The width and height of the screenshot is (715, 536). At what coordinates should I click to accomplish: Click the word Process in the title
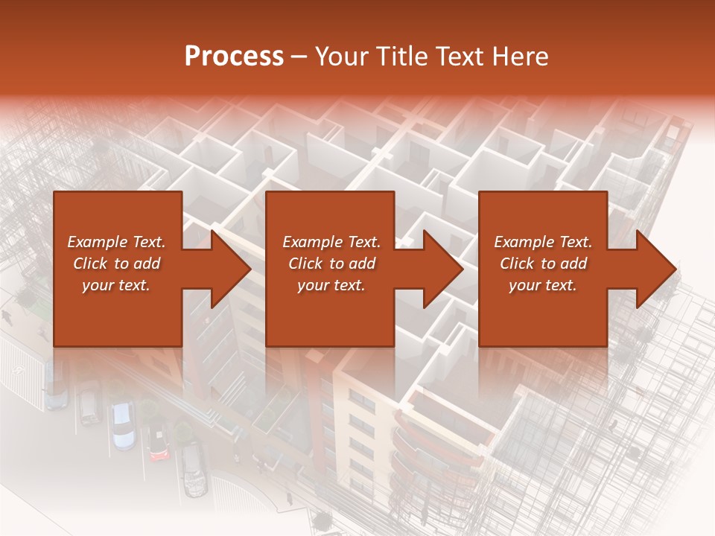click(x=234, y=57)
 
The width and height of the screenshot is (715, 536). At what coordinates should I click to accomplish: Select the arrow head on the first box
click(x=226, y=269)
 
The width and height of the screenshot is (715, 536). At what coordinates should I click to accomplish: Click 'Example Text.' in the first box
click(x=116, y=242)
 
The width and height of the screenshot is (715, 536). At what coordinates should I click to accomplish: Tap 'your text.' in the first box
click(x=116, y=285)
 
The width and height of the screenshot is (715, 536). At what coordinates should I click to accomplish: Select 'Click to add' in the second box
click(x=331, y=264)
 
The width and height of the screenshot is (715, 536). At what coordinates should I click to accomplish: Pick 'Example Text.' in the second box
click(x=331, y=242)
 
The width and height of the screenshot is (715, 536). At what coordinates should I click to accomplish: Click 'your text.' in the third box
click(x=543, y=285)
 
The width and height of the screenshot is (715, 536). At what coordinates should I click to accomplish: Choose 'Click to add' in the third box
click(x=543, y=264)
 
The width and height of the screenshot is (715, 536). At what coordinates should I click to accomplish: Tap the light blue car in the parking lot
click(x=122, y=426)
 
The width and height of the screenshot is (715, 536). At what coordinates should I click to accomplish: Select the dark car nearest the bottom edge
click(x=194, y=469)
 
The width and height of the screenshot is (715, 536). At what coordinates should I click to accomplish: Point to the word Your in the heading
click(x=342, y=57)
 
